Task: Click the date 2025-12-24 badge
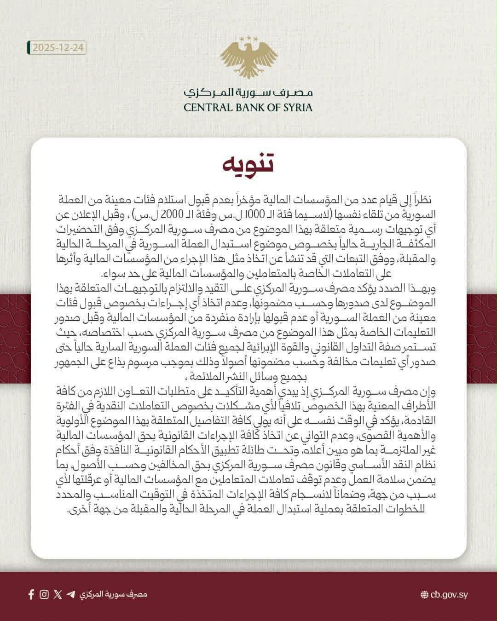click(x=57, y=48)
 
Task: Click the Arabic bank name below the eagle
click(x=248, y=92)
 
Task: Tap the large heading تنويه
click(x=248, y=164)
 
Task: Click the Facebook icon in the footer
click(x=31, y=594)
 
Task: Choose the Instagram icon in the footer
click(x=44, y=594)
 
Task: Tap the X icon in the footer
click(x=58, y=594)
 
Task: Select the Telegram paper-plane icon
click(x=71, y=594)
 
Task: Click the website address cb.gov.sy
click(x=449, y=594)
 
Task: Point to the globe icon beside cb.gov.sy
click(x=425, y=594)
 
